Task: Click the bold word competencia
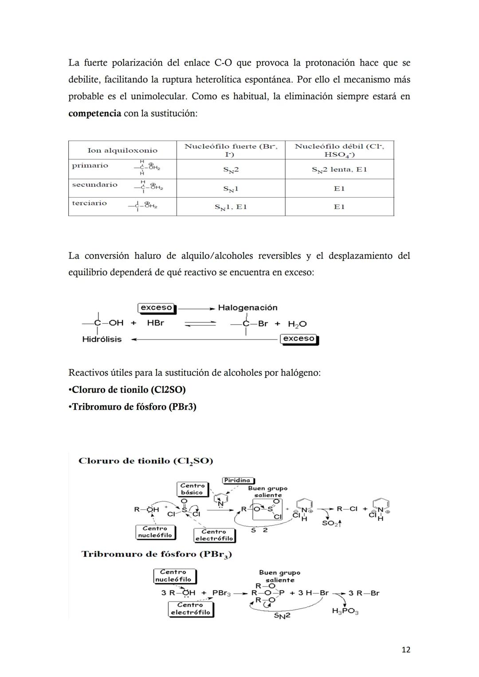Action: [94, 113]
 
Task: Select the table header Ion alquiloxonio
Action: [122, 150]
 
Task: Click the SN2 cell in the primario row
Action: [231, 169]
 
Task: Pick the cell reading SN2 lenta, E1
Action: [339, 169]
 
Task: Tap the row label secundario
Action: [94, 184]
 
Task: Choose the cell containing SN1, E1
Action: [231, 207]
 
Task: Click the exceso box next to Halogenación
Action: [157, 308]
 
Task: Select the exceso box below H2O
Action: [299, 339]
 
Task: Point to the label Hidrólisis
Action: [102, 339]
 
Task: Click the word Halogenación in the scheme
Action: [247, 308]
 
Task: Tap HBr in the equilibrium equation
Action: [155, 323]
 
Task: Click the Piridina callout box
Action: [237, 480]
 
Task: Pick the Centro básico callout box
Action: [192, 489]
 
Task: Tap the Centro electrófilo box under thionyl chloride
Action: [214, 535]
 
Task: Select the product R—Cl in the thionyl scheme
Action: [347, 509]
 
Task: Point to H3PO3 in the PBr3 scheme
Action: [345, 611]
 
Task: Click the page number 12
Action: [405, 650]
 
